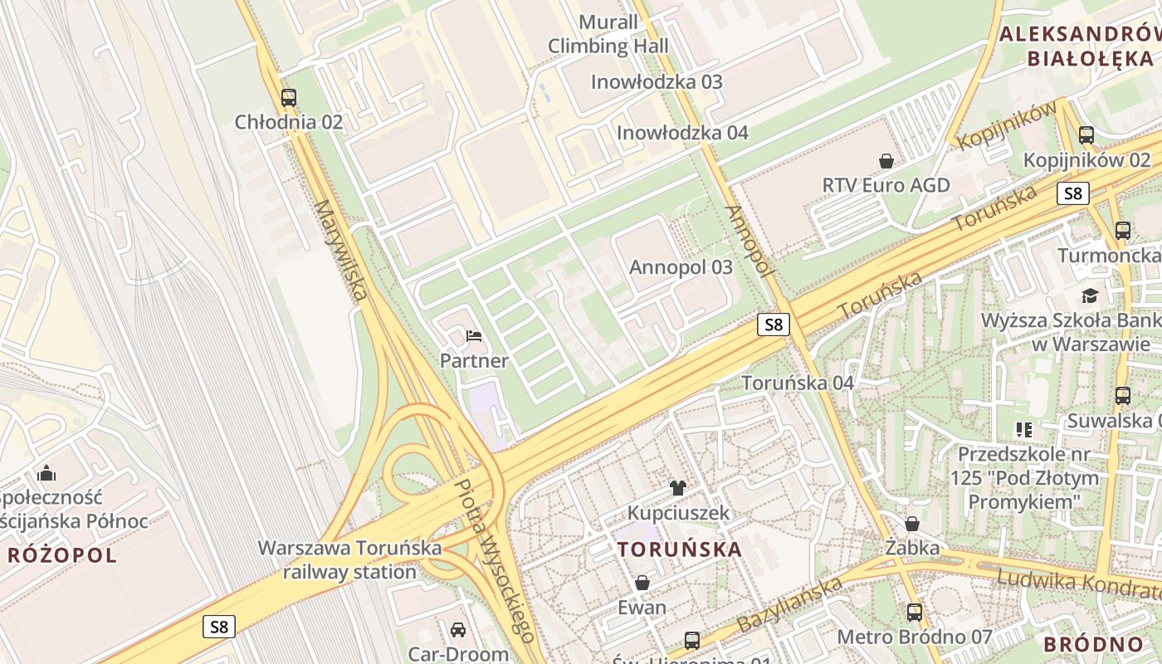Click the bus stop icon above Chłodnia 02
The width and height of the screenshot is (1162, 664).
click(288, 97)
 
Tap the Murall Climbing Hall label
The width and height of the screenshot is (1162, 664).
click(608, 34)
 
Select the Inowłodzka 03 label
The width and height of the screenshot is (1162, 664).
click(657, 82)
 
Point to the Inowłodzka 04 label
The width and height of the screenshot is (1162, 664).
click(682, 133)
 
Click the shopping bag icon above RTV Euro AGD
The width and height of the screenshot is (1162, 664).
click(886, 160)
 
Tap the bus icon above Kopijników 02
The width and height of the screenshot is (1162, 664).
click(1086, 134)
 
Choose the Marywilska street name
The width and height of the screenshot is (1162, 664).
click(340, 250)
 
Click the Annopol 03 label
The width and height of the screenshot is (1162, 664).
click(681, 267)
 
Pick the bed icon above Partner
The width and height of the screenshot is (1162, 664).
click(474, 336)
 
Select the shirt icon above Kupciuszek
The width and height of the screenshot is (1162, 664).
click(678, 487)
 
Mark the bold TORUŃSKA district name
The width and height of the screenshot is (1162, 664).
click(680, 549)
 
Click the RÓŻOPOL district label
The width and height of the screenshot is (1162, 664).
click(62, 555)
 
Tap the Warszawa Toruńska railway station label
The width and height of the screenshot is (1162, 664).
click(349, 559)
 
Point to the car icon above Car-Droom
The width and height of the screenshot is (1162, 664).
click(457, 629)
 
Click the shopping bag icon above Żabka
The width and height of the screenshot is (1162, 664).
click(912, 524)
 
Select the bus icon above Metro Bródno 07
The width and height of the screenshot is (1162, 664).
click(914, 613)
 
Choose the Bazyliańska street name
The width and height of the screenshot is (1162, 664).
click(789, 603)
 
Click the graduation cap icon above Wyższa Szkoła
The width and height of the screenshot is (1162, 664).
click(1089, 295)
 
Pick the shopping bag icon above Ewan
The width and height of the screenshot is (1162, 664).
click(642, 583)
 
